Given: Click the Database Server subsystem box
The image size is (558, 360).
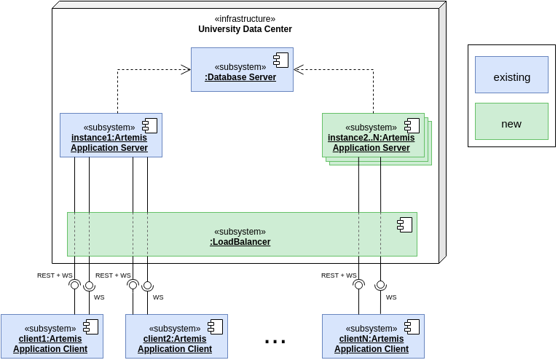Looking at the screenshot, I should pyautogui.click(x=242, y=70).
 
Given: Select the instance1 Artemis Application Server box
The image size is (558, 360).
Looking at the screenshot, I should pyautogui.click(x=111, y=135).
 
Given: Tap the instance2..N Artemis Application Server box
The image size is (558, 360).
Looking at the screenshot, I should pyautogui.click(x=373, y=135).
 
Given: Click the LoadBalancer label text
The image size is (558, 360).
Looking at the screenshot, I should pyautogui.click(x=240, y=242).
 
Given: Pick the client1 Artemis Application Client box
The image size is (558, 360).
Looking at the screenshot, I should pyautogui.click(x=52, y=336).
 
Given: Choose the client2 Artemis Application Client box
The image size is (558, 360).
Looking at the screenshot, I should pyautogui.click(x=176, y=336).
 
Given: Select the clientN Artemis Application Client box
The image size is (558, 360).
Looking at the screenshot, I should pyautogui.click(x=373, y=336).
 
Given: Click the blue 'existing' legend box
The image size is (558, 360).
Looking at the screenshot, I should pyautogui.click(x=511, y=75).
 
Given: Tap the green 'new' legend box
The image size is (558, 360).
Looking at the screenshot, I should pyautogui.click(x=511, y=122).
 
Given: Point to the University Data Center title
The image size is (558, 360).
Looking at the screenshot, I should pyautogui.click(x=245, y=29).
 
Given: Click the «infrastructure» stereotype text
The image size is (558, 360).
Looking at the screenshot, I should pyautogui.click(x=245, y=19).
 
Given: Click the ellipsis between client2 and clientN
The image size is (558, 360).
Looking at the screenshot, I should pyautogui.click(x=275, y=340).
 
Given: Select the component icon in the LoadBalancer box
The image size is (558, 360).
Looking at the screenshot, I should pyautogui.click(x=404, y=224).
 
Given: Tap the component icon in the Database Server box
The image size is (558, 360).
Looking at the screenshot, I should pyautogui.click(x=280, y=60).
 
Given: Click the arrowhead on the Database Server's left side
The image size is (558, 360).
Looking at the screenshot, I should pyautogui.click(x=186, y=70).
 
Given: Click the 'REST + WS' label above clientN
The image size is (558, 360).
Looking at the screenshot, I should pyautogui.click(x=339, y=275).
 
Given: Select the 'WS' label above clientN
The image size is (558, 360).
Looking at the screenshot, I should pyautogui.click(x=391, y=297).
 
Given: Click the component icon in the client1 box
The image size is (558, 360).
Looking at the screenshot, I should pyautogui.click(x=90, y=326).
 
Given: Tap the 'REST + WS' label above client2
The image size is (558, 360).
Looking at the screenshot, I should pyautogui.click(x=113, y=275).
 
